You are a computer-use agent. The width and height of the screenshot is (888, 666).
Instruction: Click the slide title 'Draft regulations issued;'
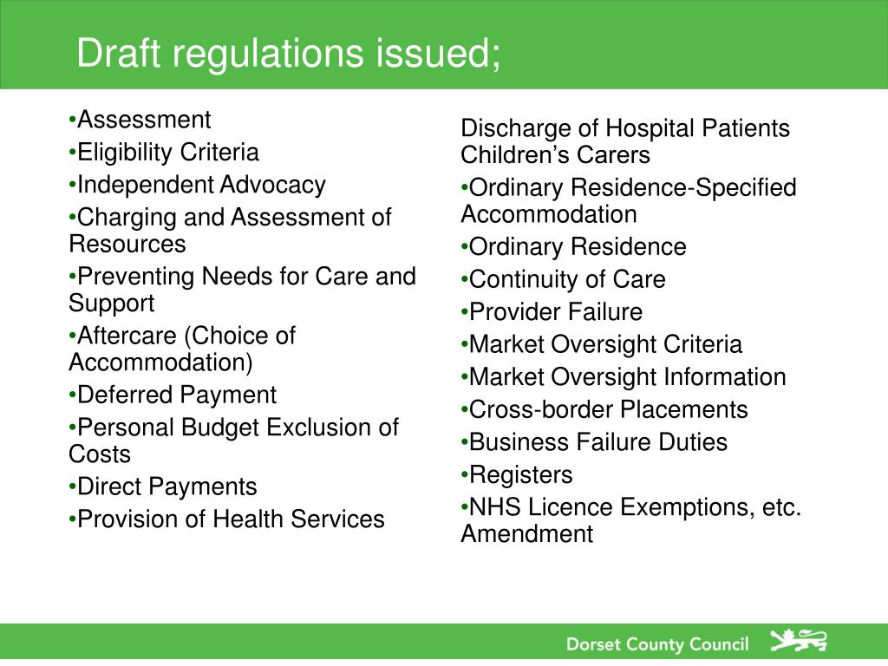tap(288, 54)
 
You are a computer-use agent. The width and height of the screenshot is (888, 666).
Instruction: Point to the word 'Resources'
tap(127, 244)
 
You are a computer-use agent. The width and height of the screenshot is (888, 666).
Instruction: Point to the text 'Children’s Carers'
tap(555, 155)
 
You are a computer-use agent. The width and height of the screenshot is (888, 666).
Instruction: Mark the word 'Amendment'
tap(526, 534)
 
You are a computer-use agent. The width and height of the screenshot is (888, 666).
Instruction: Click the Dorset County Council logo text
tap(656, 644)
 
